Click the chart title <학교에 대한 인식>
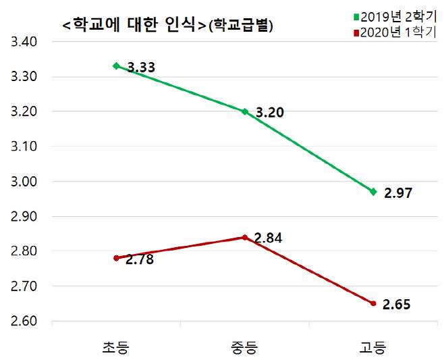click(133, 26)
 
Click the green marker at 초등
click(116, 66)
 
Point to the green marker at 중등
click(244, 111)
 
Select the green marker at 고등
click(372, 192)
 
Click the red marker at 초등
click(116, 258)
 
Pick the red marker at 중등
click(244, 237)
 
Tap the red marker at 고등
click(372, 303)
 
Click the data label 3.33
click(142, 68)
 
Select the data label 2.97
click(397, 193)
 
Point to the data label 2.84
click(268, 238)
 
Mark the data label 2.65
click(397, 305)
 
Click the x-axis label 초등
click(115, 347)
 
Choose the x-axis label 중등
click(244, 347)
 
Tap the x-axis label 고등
click(372, 347)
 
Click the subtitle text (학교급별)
click(240, 26)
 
